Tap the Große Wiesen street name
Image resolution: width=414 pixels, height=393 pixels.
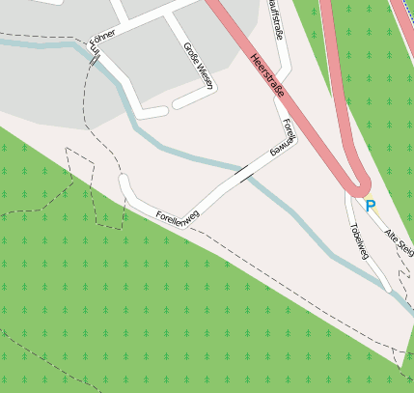(198, 65)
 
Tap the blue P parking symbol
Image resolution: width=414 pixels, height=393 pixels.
(370, 206)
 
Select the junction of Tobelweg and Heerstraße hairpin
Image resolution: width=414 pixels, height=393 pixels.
(349, 192)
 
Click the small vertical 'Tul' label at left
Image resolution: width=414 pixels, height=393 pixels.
(94, 56)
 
